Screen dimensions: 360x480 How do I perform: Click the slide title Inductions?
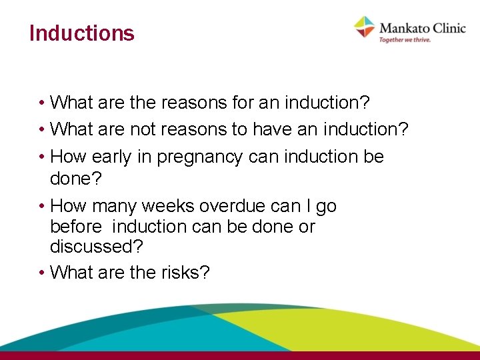click(x=82, y=33)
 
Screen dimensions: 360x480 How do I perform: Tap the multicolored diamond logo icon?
click(x=365, y=27)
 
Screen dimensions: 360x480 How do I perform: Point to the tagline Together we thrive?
click(x=405, y=40)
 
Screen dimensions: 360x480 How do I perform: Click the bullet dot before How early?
click(x=41, y=157)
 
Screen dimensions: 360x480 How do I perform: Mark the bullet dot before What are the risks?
click(x=41, y=272)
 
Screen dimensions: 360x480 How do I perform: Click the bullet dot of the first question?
click(x=41, y=103)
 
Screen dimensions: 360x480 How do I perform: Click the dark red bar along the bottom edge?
click(x=240, y=355)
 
